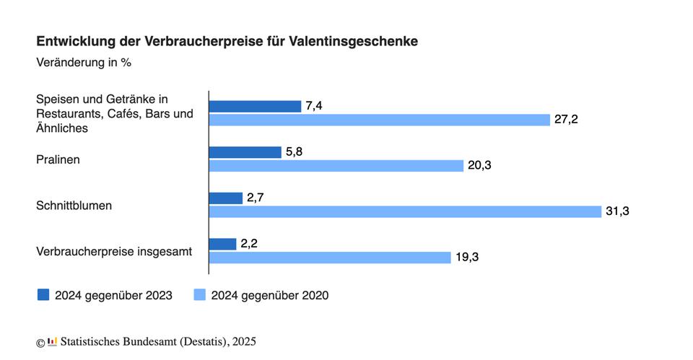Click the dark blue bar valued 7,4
pyautogui.click(x=255, y=106)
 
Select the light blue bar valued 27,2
pyautogui.click(x=379, y=120)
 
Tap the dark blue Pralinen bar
pyautogui.click(x=245, y=152)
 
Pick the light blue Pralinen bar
pyautogui.click(x=336, y=166)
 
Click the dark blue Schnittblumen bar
pyautogui.click(x=225, y=198)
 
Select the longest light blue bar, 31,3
pyautogui.click(x=405, y=211)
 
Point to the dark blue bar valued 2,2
pyautogui.click(x=222, y=244)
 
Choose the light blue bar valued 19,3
pyautogui.click(x=330, y=258)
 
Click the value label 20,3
pyautogui.click(x=481, y=166)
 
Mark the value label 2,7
pyautogui.click(x=257, y=198)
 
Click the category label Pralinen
pyautogui.click(x=58, y=159)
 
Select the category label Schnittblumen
pyautogui.click(x=74, y=205)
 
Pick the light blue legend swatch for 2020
pyautogui.click(x=199, y=295)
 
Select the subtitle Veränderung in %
pyautogui.click(x=83, y=62)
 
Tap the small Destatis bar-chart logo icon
pyautogui.click(x=52, y=341)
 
